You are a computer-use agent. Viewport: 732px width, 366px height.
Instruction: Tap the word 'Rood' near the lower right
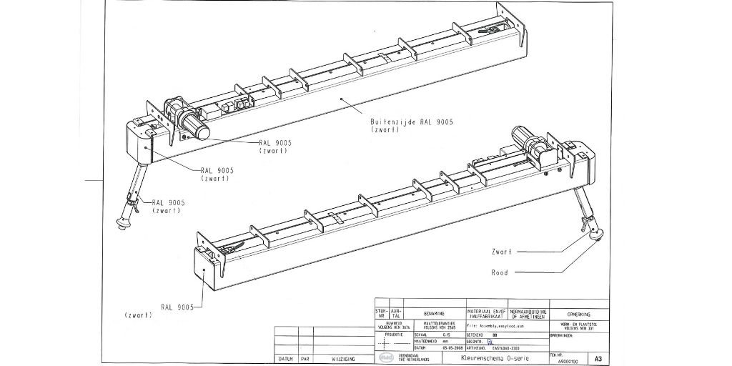coord(500,272)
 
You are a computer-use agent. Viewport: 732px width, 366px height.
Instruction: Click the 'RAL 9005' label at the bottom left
coord(177,307)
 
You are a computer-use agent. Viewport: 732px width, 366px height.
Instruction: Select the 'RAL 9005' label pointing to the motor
coord(274,143)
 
